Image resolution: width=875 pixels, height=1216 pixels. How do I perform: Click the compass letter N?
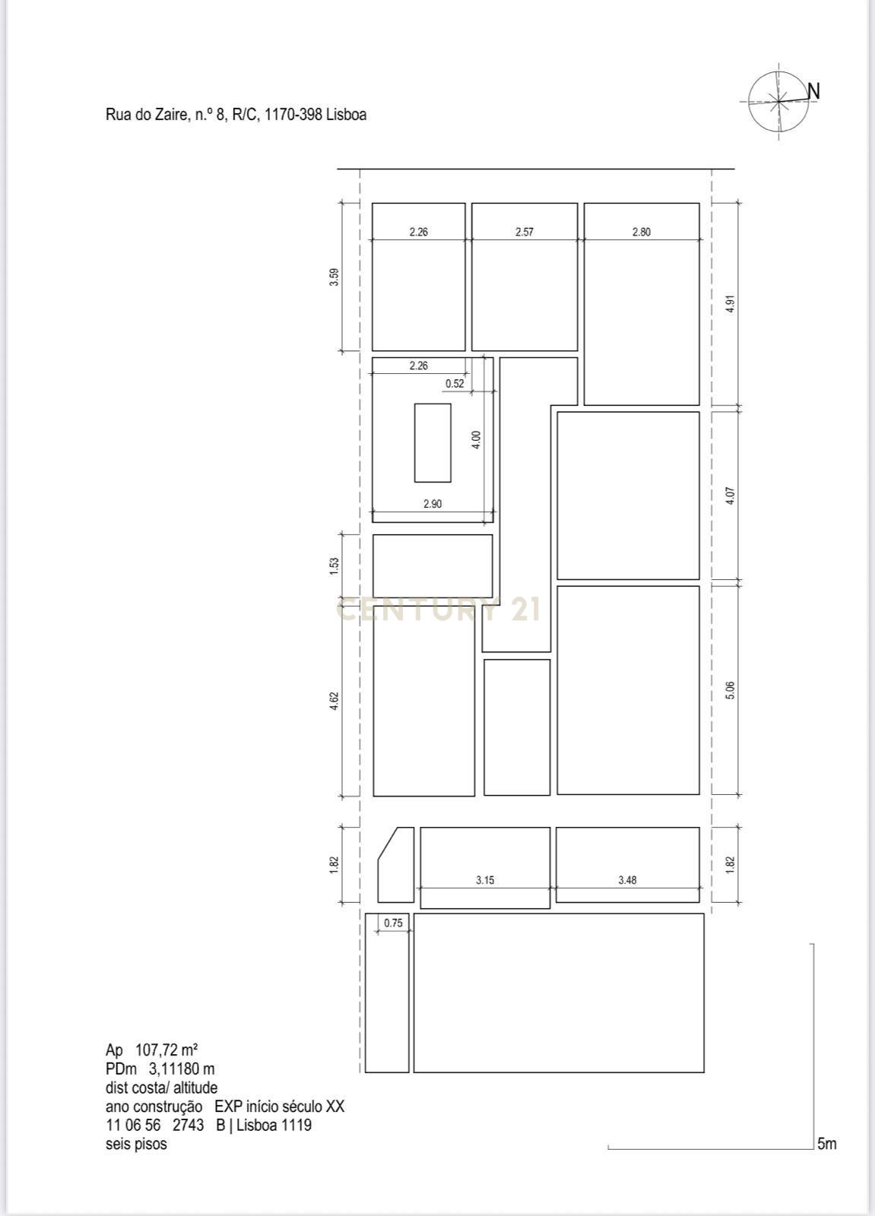pos(813,91)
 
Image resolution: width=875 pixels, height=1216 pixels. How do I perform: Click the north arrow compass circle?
pos(778,100)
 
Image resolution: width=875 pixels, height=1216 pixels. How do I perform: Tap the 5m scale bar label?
pos(826,1144)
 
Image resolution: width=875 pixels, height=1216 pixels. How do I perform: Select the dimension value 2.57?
pos(525,232)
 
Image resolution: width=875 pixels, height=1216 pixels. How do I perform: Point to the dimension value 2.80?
pos(642,232)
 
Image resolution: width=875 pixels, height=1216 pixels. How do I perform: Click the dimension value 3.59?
pos(334,277)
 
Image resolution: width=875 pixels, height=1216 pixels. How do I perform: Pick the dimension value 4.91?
pos(731,303)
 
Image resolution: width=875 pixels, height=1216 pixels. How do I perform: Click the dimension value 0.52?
pos(455,384)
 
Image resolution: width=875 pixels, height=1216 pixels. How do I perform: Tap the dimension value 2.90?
pos(433,504)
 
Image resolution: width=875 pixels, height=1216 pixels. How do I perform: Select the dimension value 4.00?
pos(476,440)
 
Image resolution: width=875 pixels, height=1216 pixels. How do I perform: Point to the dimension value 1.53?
pos(334,566)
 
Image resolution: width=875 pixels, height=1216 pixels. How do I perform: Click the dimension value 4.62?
pos(334,701)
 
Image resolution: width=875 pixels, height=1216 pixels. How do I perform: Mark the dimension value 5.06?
pos(731,690)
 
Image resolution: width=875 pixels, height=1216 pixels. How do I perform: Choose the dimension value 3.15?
pos(485,880)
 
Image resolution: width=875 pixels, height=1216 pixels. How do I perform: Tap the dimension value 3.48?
pos(627,880)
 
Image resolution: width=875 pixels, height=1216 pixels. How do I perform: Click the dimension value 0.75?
pos(393,923)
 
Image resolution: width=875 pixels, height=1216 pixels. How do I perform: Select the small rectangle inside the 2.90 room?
pos(433,442)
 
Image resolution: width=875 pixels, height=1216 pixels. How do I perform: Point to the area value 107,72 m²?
pos(166,1050)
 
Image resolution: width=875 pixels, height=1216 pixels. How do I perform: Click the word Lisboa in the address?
pos(346,115)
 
